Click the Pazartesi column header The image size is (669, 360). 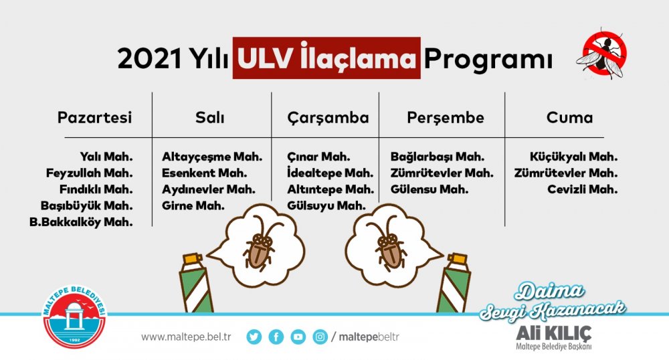pyautogui.click(x=95, y=118)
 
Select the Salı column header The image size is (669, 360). pyautogui.click(x=210, y=118)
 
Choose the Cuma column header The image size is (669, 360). pyautogui.click(x=569, y=118)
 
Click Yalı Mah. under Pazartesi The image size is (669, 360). pyautogui.click(x=106, y=157)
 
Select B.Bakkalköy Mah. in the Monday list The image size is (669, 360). pyautogui.click(x=81, y=221)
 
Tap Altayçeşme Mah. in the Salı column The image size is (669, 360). pyautogui.click(x=212, y=157)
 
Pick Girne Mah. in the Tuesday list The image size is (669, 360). pyautogui.click(x=193, y=205)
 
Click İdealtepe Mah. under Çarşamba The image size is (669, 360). pyautogui.click(x=330, y=173)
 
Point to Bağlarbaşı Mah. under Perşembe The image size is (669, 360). pyautogui.click(x=438, y=157)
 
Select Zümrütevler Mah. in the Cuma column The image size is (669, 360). pyautogui.click(x=566, y=173)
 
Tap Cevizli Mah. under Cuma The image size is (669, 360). pyautogui.click(x=583, y=189)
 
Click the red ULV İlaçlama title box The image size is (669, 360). pyautogui.click(x=326, y=58)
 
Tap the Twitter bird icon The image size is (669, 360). pyautogui.click(x=254, y=337)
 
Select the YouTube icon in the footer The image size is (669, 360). pyautogui.click(x=298, y=337)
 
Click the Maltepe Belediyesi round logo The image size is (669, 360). pyautogui.click(x=75, y=316)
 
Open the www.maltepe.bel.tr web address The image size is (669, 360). pyautogui.click(x=186, y=337)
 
